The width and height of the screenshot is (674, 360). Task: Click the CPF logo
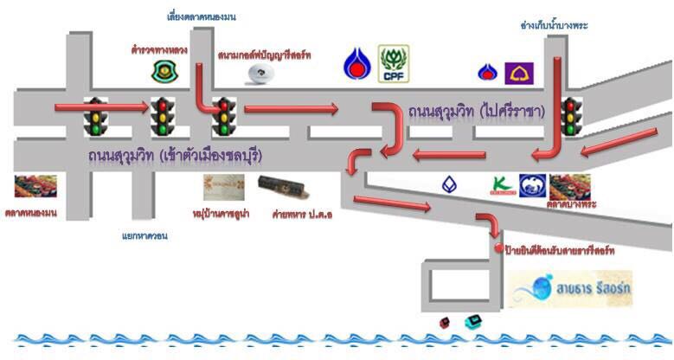[x=395, y=64]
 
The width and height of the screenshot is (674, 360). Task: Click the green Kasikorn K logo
[x=499, y=184]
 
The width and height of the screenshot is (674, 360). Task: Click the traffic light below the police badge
[x=161, y=116]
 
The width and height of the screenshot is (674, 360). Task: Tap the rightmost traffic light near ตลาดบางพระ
[x=570, y=116]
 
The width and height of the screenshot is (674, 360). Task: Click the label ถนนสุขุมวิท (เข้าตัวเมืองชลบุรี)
[x=175, y=156]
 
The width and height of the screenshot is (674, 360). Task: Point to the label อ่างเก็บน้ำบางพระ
[x=554, y=25]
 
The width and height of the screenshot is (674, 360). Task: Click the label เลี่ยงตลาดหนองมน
[x=202, y=16]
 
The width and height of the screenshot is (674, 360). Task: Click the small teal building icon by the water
[x=472, y=322]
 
